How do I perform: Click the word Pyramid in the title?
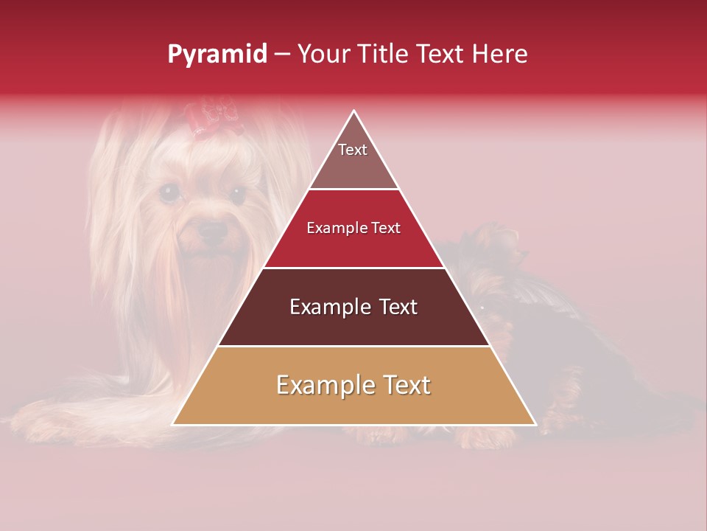217,55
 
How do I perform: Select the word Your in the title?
323,54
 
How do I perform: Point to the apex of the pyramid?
354,111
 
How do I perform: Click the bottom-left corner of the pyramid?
174,424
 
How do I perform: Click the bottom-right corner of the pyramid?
534,424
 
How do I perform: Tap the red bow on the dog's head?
213,118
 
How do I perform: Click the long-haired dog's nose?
214,231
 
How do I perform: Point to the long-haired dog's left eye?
170,193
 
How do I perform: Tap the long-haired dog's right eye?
237,195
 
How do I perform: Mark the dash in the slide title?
282,55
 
